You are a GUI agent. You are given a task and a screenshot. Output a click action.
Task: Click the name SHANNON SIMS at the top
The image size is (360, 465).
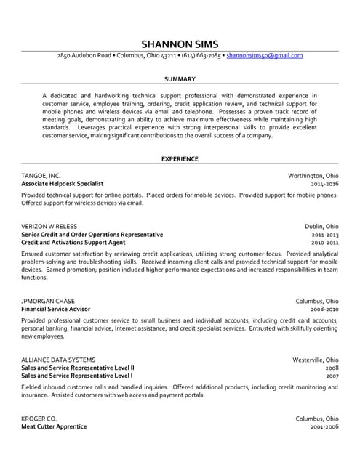click(180, 43)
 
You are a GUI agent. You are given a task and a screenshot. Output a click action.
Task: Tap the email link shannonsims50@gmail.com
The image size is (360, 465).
click(264, 55)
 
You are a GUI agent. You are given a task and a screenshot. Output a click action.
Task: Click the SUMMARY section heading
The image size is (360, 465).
click(180, 78)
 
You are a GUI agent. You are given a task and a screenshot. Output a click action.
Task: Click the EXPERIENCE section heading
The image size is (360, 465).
click(180, 158)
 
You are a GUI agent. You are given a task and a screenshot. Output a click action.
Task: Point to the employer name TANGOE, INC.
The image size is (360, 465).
click(41, 176)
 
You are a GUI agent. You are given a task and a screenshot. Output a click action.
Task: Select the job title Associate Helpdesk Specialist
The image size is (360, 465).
click(63, 185)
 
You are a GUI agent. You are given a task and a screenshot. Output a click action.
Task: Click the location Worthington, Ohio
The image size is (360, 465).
click(313, 176)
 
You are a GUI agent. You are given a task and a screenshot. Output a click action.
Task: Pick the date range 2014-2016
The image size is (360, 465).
click(324, 185)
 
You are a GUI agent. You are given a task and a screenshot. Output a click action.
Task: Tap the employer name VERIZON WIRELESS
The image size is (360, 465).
click(49, 226)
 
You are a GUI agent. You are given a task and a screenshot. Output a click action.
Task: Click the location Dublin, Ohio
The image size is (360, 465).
click(321, 226)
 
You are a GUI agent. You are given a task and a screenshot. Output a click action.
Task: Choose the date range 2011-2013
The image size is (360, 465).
click(324, 235)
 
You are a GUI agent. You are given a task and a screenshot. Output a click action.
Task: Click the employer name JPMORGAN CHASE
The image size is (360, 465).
click(48, 301)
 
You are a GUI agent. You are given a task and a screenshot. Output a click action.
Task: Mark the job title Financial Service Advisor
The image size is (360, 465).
click(56, 310)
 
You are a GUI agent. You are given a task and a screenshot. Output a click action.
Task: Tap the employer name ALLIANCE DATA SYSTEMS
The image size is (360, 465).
click(58, 360)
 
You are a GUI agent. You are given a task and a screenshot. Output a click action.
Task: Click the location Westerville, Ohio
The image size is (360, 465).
click(315, 360)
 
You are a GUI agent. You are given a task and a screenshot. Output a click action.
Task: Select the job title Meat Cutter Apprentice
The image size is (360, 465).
click(54, 426)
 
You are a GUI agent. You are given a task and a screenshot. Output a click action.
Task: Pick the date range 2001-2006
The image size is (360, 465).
click(324, 426)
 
